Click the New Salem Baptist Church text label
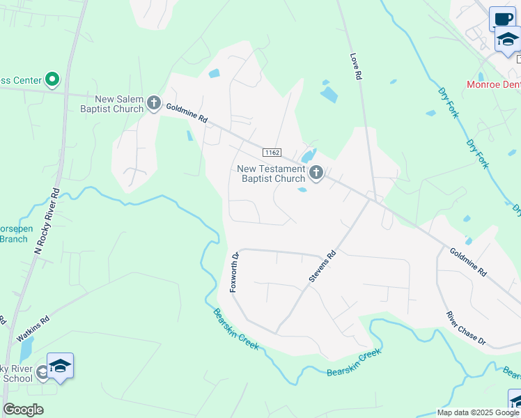pyautogui.click(x=110, y=104)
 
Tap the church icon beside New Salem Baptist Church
pyautogui.click(x=154, y=104)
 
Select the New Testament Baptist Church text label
pyautogui.click(x=271, y=173)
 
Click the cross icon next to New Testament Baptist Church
pyautogui.click(x=316, y=173)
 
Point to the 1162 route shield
pyautogui.click(x=272, y=152)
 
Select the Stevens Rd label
pyautogui.click(x=322, y=268)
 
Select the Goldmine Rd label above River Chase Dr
pyautogui.click(x=467, y=263)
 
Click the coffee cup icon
pyautogui.click(x=502, y=19)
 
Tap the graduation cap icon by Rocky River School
pyautogui.click(x=61, y=366)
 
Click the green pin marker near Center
pyautogui.click(x=51, y=80)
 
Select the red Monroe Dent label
pyautogui.click(x=493, y=86)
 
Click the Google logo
pyautogui.click(x=23, y=410)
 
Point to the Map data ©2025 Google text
pyautogui.click(x=477, y=412)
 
